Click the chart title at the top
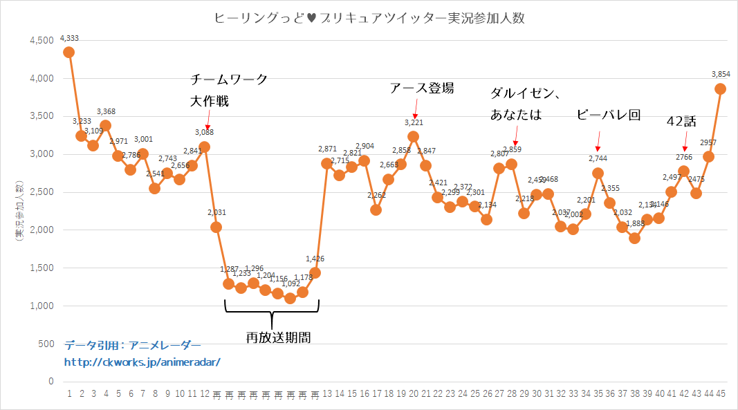(x=369, y=19)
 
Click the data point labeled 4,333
(x=68, y=52)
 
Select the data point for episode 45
(x=720, y=88)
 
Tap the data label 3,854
(x=721, y=74)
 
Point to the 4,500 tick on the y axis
(x=42, y=41)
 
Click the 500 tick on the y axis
(x=46, y=344)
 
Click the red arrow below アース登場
(x=415, y=109)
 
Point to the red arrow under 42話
(x=685, y=145)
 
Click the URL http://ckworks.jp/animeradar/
(x=142, y=362)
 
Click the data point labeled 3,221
(x=414, y=136)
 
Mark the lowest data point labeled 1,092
(x=290, y=298)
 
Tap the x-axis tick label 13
(x=327, y=393)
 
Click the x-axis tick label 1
(x=69, y=393)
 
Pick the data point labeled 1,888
(x=634, y=238)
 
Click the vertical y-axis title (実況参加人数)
(x=20, y=210)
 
